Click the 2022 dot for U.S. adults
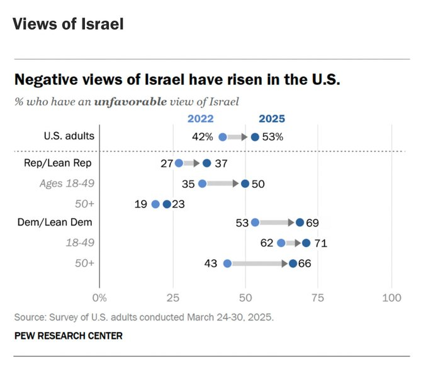(x=223, y=137)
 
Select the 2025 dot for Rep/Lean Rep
(x=207, y=163)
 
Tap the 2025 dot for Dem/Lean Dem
(x=300, y=223)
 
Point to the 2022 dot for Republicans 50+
(x=155, y=204)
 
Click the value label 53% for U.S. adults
(x=274, y=137)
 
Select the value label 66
(x=305, y=263)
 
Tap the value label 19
(x=141, y=204)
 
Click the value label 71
(x=319, y=243)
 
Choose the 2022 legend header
(x=201, y=118)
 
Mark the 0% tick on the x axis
(x=99, y=297)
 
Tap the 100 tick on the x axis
(x=392, y=297)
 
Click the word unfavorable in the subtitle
(x=130, y=101)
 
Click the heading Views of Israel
(x=67, y=25)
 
